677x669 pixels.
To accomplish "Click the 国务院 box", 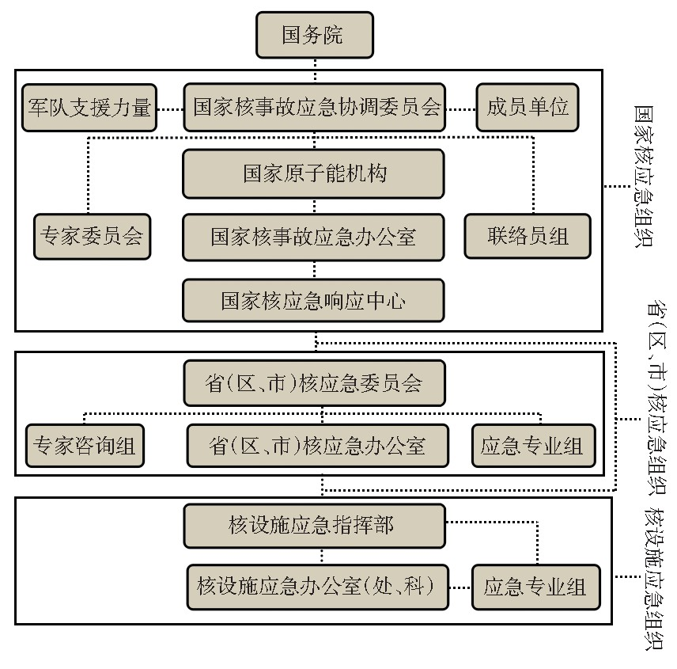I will [x=314, y=36].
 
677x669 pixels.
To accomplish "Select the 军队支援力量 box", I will [x=89, y=108].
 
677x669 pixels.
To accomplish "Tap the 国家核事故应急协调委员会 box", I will [x=315, y=108].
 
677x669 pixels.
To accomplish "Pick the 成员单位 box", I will [x=528, y=108].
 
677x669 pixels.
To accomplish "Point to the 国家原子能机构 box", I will [x=313, y=174].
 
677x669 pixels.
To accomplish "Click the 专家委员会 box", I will [x=92, y=237].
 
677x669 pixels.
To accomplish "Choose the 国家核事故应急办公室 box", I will [x=313, y=237].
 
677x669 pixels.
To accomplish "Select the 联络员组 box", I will [x=528, y=237].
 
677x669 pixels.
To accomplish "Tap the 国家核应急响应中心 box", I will [x=313, y=300].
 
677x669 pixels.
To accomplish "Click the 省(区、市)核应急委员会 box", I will [x=313, y=384].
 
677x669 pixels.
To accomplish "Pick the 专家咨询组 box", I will [x=84, y=447].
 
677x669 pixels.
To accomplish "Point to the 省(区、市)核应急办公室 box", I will [x=317, y=447].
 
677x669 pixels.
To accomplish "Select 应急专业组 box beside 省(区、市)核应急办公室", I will [x=531, y=447].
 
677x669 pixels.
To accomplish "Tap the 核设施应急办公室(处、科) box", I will [x=317, y=587].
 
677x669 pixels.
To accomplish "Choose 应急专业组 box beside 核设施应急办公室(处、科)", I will [x=535, y=587].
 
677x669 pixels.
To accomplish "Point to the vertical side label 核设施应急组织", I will [x=654, y=579].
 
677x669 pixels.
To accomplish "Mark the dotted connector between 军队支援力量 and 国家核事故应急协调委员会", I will [x=170, y=108].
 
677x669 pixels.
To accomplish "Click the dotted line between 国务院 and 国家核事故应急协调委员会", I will [x=314, y=70].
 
